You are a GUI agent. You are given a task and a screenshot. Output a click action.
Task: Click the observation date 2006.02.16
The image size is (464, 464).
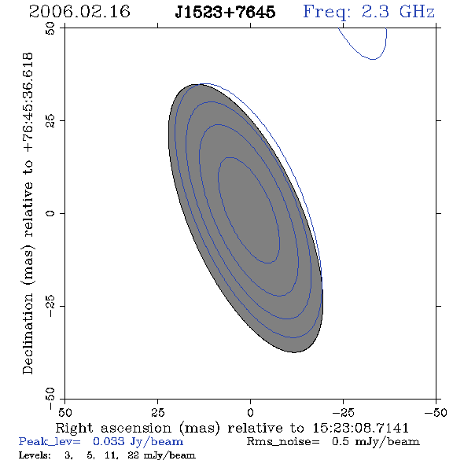79,12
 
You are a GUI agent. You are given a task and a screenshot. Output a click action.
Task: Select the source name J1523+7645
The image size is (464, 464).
225,12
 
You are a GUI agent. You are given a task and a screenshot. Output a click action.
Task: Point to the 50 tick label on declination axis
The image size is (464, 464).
50,28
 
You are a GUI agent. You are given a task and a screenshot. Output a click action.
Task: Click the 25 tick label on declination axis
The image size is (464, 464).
50,121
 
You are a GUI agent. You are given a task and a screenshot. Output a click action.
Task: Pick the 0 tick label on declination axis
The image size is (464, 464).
50,213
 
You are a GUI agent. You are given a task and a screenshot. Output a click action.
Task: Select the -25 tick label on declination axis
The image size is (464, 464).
50,306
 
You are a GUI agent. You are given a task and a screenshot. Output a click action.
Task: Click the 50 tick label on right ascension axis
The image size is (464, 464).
64,413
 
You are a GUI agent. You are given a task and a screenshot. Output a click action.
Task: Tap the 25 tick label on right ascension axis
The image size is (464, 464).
157,413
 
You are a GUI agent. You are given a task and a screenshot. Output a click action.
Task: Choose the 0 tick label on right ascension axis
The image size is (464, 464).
250,413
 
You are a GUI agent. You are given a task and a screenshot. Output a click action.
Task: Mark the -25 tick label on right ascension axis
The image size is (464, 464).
343,413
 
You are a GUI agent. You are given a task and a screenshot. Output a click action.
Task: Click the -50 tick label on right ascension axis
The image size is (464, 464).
436,413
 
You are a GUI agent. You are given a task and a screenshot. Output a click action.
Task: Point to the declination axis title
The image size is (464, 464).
28,213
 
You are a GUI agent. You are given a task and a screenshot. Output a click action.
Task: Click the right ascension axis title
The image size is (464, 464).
232,428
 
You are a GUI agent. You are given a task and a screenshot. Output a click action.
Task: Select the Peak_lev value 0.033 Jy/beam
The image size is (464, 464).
138,442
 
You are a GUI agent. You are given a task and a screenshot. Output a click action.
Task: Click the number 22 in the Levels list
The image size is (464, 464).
133,455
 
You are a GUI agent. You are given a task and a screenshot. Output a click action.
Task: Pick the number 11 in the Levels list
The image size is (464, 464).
111,455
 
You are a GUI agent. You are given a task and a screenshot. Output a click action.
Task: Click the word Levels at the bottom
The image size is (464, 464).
35,455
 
